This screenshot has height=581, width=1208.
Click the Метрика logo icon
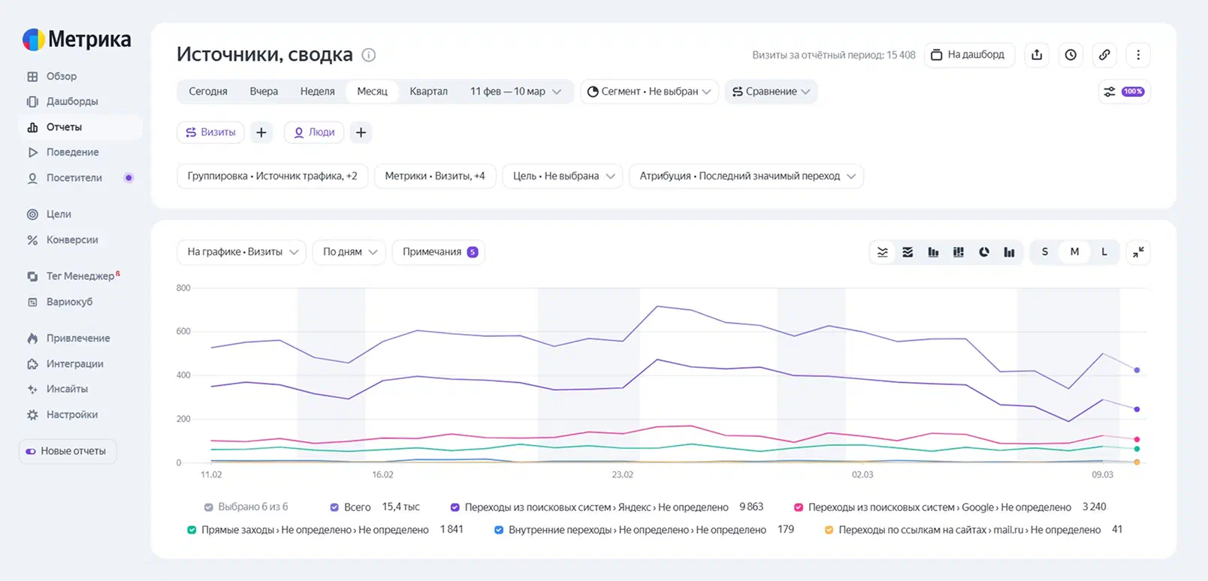point(33,39)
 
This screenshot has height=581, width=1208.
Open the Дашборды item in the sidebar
point(71,101)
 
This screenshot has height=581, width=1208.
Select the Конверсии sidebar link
point(71,240)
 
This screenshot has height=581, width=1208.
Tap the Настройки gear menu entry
point(71,414)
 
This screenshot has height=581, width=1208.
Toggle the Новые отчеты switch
point(31,451)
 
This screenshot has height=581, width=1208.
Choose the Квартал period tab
point(428,92)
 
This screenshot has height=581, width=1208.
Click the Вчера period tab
point(264,92)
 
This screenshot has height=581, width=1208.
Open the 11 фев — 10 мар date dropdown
point(515,92)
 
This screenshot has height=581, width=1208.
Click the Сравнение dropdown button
point(771,92)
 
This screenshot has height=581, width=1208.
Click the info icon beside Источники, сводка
point(369,55)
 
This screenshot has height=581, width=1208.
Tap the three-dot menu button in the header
point(1138,55)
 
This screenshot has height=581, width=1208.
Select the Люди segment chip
point(314,133)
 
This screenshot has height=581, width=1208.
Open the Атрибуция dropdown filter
point(746,176)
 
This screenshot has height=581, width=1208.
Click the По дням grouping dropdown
point(349,252)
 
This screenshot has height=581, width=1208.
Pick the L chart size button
point(1104,252)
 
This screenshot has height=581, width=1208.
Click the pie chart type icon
point(983,252)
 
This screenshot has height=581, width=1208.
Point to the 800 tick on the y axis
point(183,288)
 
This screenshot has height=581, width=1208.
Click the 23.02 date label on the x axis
point(622,475)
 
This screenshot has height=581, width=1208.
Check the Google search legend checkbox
point(799,507)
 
